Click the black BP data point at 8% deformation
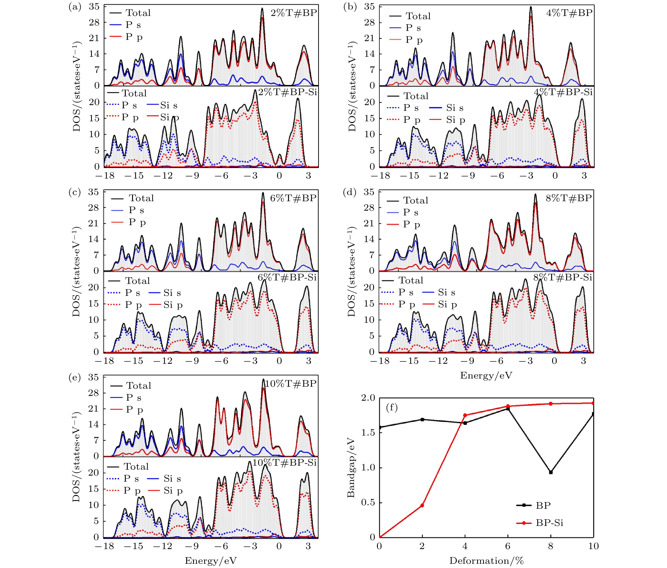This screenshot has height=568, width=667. (x=551, y=472)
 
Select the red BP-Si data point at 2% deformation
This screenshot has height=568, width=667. (x=422, y=505)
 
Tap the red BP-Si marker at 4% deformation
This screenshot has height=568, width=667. (x=465, y=415)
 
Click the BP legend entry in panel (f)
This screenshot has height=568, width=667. (x=543, y=505)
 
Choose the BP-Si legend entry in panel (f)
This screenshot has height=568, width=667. (x=549, y=523)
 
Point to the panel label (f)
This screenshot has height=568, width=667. (x=391, y=408)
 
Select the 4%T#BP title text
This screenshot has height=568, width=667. (x=569, y=13)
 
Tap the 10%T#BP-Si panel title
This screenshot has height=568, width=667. (x=285, y=462)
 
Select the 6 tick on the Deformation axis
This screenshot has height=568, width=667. (x=508, y=546)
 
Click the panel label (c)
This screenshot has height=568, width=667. (x=75, y=192)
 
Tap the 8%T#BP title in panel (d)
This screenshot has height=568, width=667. (x=569, y=198)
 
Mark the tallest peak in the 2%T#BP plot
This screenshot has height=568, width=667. (x=262, y=9)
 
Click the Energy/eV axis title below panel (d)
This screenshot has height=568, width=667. (x=486, y=376)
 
